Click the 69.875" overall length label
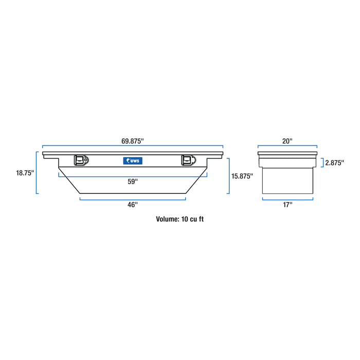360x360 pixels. coord(133,140)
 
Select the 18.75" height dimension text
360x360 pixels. coord(24,173)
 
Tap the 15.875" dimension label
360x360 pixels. coord(243,176)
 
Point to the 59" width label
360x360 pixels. coord(133,181)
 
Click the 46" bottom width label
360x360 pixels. coord(133,205)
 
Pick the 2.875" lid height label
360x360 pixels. coord(335,163)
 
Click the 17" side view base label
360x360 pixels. coord(287,205)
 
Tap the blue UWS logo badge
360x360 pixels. coord(133,160)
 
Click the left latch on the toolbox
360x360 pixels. coord(81,160)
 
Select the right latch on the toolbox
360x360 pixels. coord(187,160)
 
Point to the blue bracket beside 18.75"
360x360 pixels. coord(37,173)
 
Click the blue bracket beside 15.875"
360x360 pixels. coord(228,176)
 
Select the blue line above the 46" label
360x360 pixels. coord(133,199)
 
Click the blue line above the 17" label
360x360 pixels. coord(287,199)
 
